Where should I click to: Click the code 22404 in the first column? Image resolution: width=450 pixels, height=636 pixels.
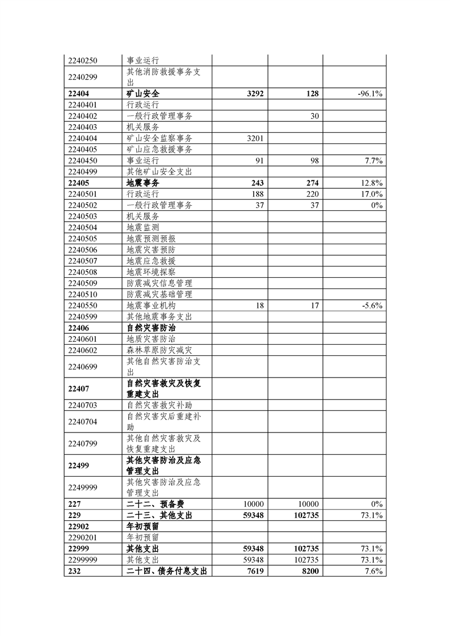coord(79,94)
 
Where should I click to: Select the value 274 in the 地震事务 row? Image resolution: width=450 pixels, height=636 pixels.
coord(311,183)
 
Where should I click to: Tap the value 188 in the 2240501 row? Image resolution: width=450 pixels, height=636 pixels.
coord(258,194)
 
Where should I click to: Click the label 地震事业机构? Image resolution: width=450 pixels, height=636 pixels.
coord(151,306)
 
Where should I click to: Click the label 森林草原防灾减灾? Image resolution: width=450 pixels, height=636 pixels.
coord(159,350)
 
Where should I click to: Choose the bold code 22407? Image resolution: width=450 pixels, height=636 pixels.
coord(79,389)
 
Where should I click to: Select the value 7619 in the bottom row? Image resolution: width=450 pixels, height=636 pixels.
coord(255,571)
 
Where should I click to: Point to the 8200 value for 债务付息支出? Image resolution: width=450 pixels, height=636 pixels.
coord(309,571)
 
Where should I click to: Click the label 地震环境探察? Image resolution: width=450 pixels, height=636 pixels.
coord(151,272)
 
